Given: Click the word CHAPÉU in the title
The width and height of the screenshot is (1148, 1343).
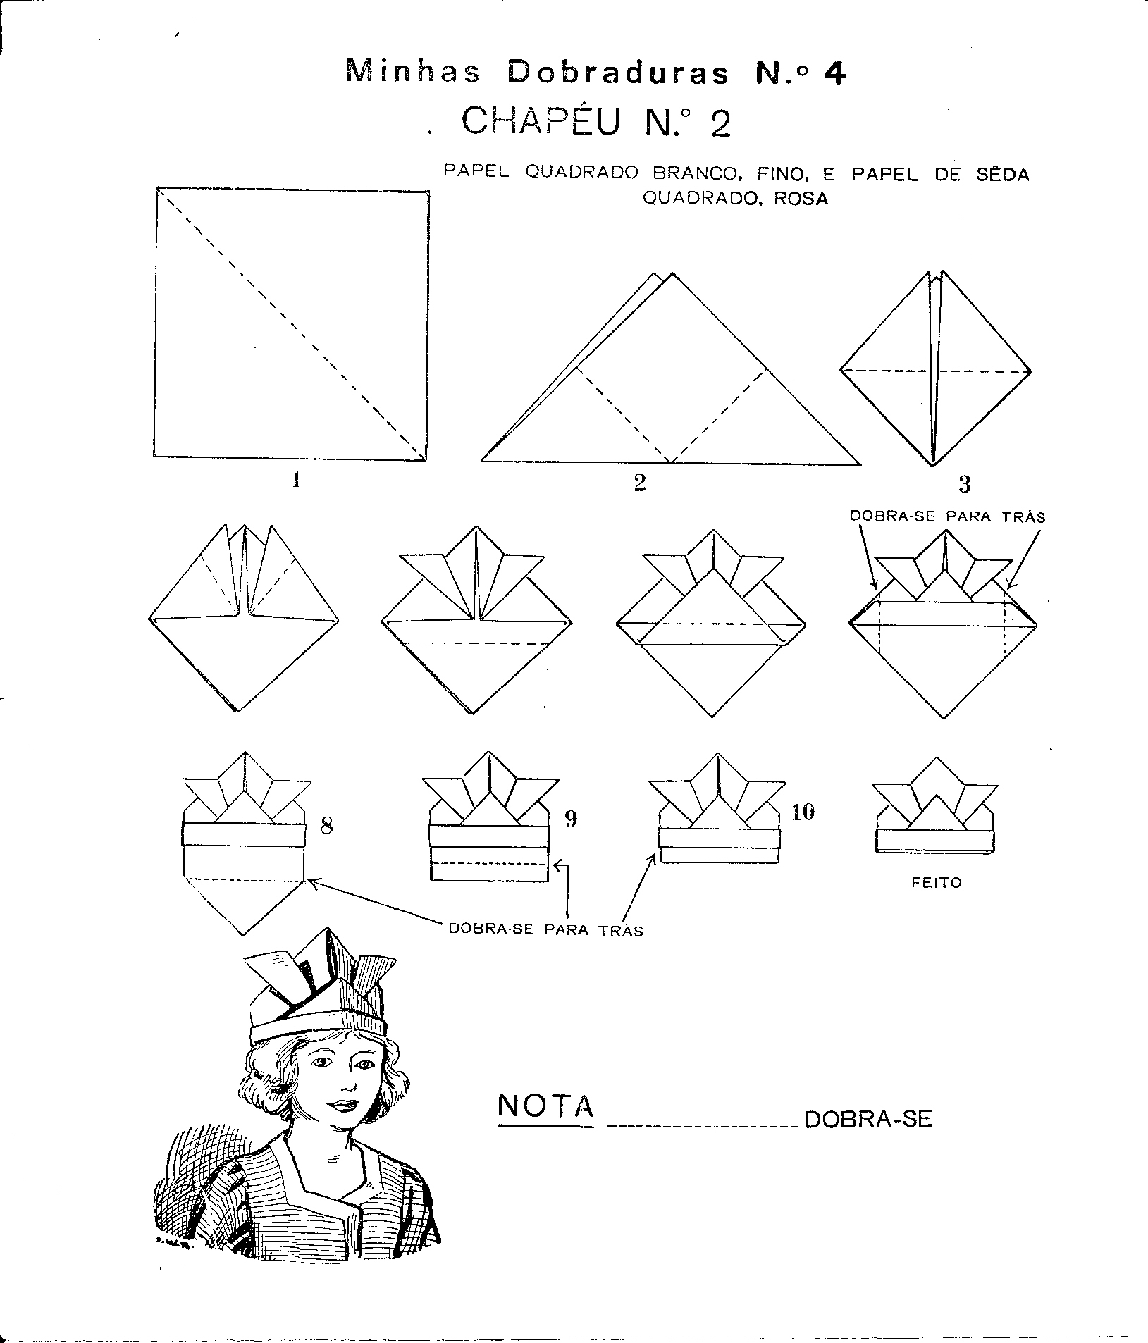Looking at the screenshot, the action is (542, 121).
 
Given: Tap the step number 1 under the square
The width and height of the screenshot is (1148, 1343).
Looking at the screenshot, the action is (297, 481).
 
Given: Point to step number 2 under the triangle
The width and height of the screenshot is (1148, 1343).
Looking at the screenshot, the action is (640, 483).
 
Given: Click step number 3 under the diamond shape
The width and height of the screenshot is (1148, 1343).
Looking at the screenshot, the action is (965, 484).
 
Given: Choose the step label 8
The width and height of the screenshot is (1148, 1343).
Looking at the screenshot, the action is (326, 825).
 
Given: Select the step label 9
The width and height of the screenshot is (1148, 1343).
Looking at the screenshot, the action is (572, 819).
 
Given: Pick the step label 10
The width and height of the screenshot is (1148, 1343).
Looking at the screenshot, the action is (803, 812).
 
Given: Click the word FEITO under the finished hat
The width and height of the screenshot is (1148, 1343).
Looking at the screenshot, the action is (936, 882).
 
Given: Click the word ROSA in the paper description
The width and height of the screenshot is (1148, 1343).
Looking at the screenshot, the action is (801, 199).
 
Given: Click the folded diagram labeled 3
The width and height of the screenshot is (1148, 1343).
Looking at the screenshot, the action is (935, 368).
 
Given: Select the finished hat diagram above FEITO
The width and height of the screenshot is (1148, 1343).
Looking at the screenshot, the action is (935, 805).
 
